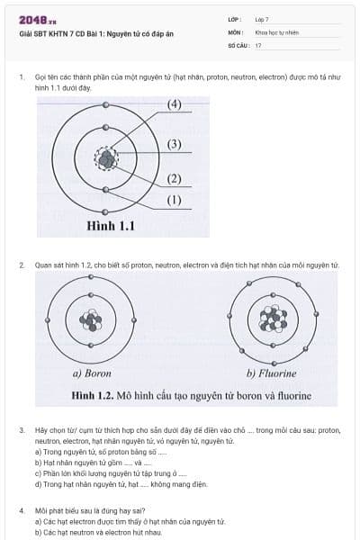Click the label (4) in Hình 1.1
pos(175,104)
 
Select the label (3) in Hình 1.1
pos(175,144)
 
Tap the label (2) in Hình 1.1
pos(175,178)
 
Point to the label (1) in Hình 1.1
pos(175,200)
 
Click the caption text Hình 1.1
pos(111,227)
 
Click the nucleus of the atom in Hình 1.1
pos(107,159)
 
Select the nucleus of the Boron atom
pos(91,321)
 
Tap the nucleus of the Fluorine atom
pos(272,319)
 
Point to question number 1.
pos(21,77)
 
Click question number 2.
pos(21,265)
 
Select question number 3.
pos(21,430)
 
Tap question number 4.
pos(21,510)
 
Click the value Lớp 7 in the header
pos(262,18)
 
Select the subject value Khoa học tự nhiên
pos(275,31)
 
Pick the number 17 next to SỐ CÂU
pos(258,45)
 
